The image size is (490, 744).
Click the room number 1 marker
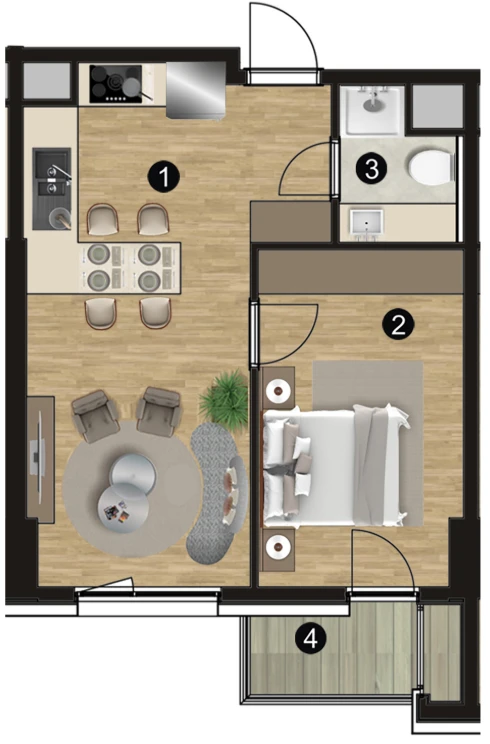163,177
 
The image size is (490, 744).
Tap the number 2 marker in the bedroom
398,325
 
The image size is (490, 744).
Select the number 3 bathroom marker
371,168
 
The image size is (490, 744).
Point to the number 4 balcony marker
310,639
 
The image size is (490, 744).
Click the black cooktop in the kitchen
116,84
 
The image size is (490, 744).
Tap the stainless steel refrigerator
195,89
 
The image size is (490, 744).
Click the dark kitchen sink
52,188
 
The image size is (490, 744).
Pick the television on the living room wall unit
37,457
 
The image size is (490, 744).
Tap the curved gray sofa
218,492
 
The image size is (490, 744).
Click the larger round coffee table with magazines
123,509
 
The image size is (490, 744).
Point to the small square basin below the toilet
367,223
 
